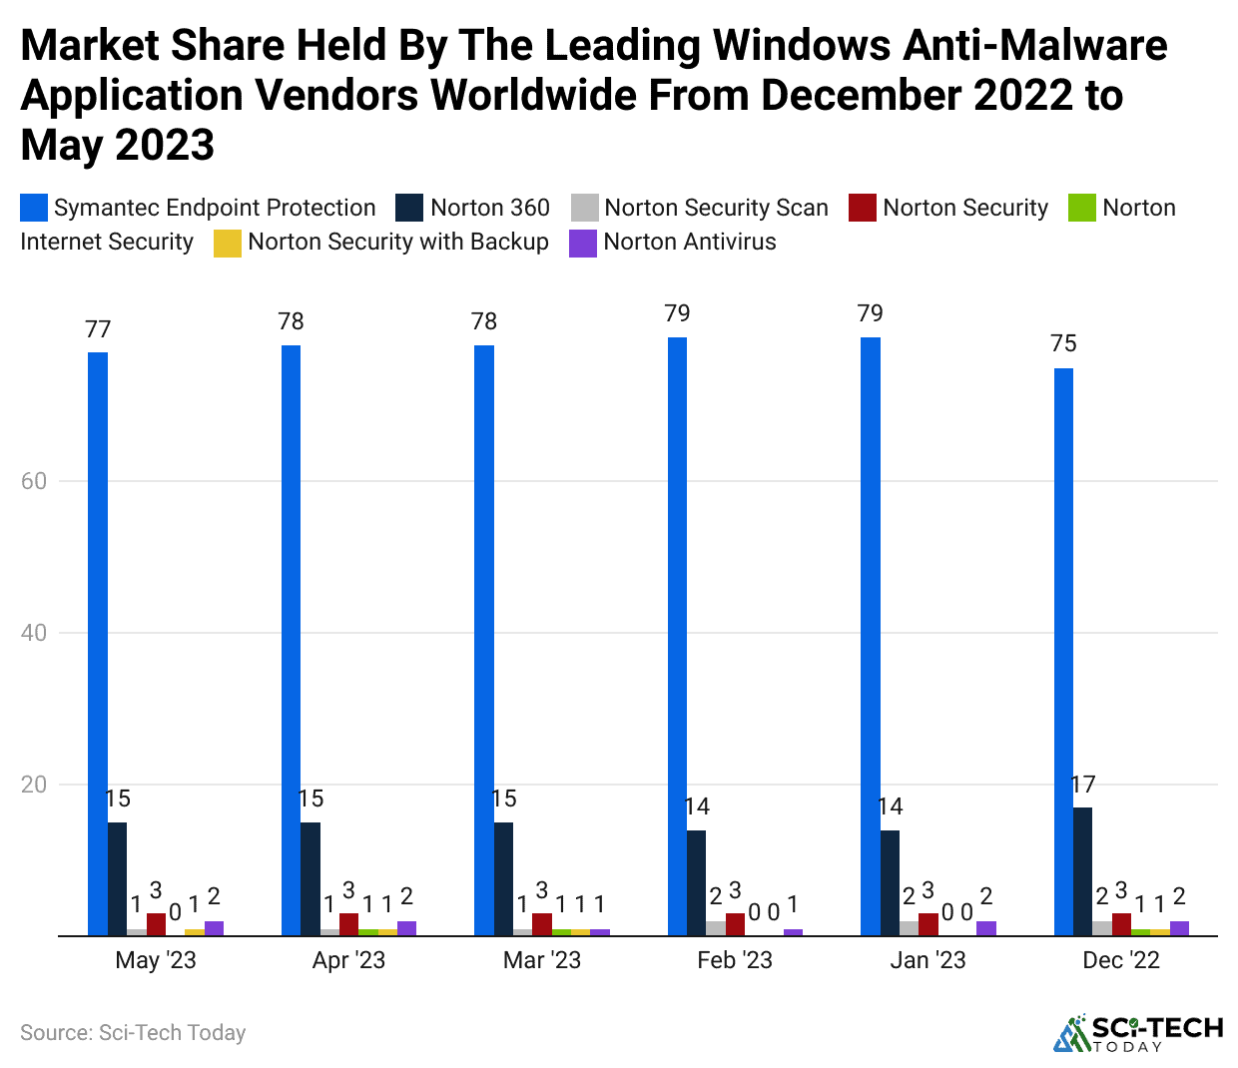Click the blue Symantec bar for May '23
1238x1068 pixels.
point(98,644)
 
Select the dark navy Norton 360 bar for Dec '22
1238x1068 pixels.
point(1083,871)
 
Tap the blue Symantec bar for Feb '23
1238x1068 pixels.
point(677,637)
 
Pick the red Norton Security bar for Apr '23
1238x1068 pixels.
point(348,924)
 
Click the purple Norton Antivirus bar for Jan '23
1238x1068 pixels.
point(986,928)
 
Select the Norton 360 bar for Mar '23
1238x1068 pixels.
point(503,879)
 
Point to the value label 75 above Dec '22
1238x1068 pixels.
point(1063,344)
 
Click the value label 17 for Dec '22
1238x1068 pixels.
point(1083,786)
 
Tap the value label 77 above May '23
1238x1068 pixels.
point(98,329)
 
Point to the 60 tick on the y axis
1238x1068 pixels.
point(34,481)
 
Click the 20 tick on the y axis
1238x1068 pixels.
point(34,785)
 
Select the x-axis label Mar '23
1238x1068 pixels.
point(541,960)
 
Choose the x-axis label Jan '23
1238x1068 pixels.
point(928,960)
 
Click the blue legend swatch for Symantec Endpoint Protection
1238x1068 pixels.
point(34,208)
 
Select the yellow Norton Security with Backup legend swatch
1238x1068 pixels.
point(228,243)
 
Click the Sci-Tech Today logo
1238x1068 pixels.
point(1138,1033)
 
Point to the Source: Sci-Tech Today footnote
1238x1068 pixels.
point(133,1033)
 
